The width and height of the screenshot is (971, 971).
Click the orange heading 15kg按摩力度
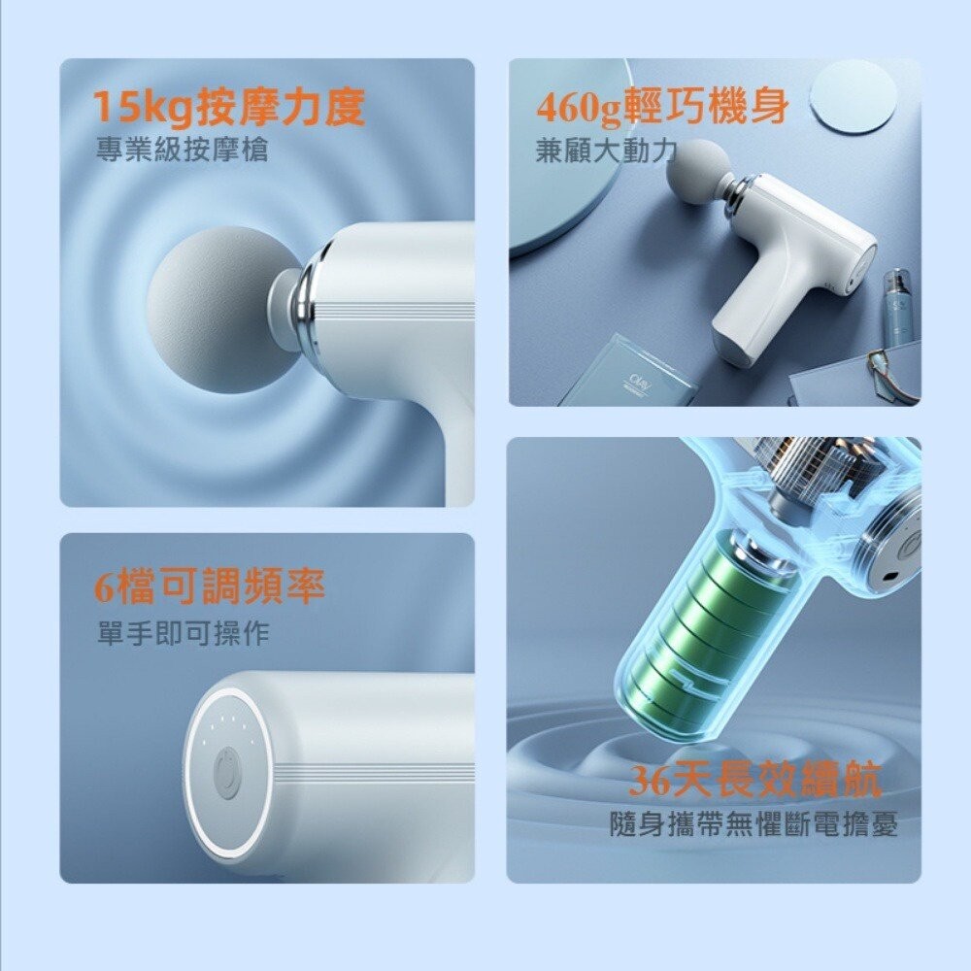[228, 108]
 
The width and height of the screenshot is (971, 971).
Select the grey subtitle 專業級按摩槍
[182, 151]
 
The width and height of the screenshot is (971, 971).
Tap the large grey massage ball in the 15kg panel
[212, 309]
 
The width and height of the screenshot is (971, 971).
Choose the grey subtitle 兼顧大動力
[605, 151]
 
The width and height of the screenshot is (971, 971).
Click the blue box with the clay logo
[631, 371]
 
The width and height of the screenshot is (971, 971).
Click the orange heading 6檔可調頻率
[209, 586]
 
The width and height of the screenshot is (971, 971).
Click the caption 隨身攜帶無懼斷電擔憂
[753, 825]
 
